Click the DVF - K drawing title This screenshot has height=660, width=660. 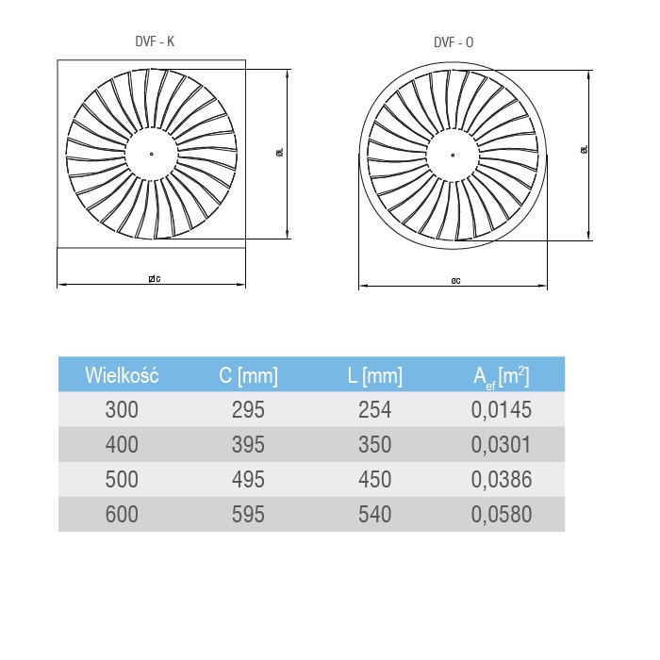[155, 41]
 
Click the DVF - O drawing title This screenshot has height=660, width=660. [454, 42]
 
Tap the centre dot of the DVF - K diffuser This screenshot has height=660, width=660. [152, 154]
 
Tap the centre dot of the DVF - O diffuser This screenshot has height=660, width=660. [453, 155]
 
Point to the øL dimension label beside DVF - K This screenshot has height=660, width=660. [280, 152]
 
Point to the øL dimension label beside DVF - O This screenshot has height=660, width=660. [584, 149]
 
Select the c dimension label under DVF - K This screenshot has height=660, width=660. [155, 279]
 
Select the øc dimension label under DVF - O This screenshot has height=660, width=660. [455, 281]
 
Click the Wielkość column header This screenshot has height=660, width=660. [122, 375]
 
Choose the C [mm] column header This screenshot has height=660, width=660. [248, 375]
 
